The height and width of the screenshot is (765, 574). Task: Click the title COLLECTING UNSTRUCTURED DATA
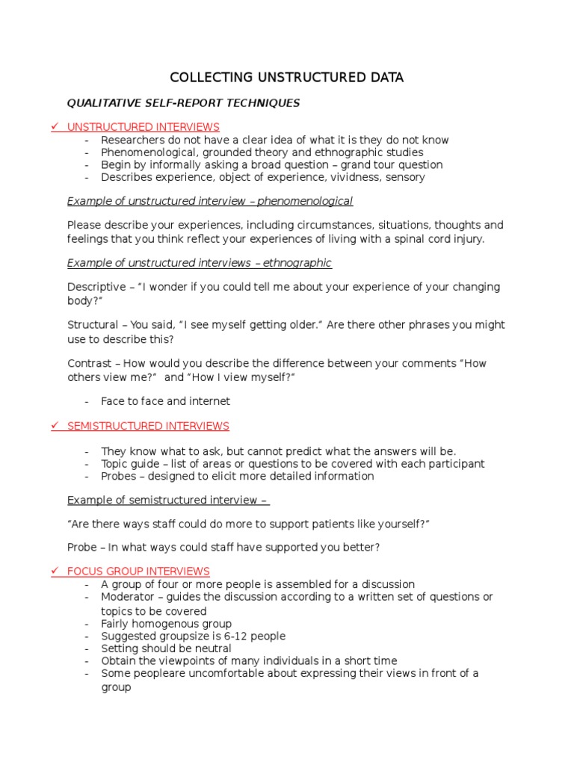click(287, 78)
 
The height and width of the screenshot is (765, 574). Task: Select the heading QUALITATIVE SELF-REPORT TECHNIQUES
click(184, 103)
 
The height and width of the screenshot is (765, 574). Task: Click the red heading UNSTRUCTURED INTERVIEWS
click(143, 127)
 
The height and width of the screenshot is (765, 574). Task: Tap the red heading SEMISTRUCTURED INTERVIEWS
click(148, 426)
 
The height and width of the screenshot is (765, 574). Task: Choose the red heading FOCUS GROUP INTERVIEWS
click(138, 572)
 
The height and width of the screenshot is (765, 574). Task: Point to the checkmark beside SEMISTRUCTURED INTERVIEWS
click(55, 426)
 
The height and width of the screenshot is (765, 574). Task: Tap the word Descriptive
click(96, 287)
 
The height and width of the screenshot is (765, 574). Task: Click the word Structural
click(93, 325)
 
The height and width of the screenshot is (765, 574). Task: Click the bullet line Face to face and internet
click(165, 401)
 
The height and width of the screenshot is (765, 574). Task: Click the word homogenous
click(169, 624)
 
